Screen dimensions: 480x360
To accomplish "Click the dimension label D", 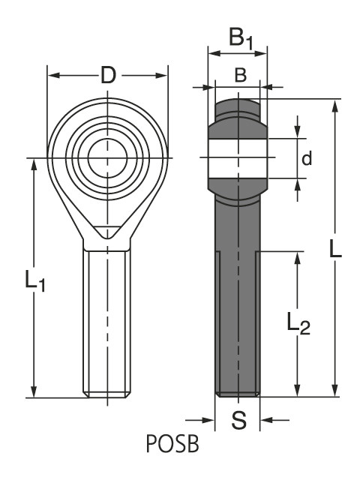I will pos(108,75).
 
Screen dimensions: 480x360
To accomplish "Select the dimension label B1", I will pos(240,37).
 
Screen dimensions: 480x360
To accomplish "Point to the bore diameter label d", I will pos(305,158).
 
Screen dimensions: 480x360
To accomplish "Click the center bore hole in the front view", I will pos(106,158).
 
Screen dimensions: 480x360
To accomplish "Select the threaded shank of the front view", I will pos(106,322).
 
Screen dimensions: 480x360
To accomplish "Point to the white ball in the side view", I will pos(238,158).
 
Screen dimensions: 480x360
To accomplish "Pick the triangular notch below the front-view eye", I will pos(106,233).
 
